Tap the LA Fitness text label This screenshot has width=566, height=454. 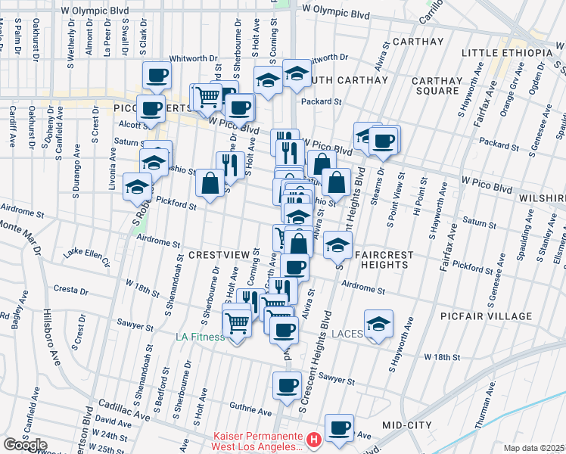(x=201, y=337)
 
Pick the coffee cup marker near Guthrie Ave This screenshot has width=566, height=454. (x=287, y=385)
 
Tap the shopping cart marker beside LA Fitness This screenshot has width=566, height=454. (x=238, y=324)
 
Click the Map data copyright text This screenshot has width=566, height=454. (x=534, y=448)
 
